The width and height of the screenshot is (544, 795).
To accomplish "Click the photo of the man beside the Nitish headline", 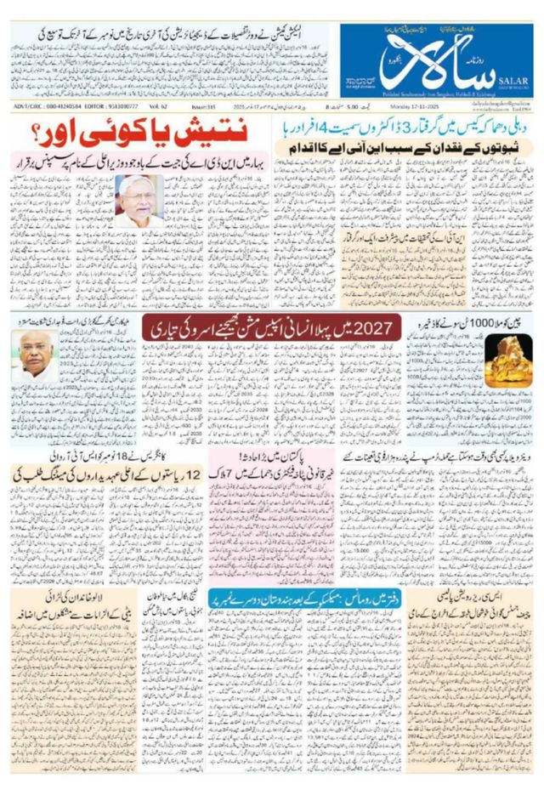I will [x=139, y=201].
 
